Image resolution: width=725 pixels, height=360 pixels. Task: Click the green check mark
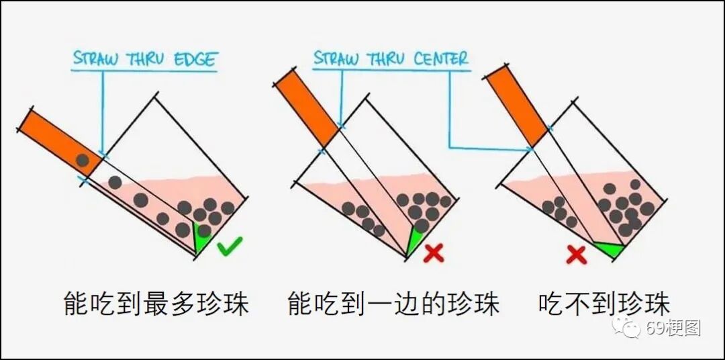(x=230, y=249)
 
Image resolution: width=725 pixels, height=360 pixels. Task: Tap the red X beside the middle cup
(x=434, y=253)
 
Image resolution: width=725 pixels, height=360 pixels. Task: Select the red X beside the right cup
(x=576, y=255)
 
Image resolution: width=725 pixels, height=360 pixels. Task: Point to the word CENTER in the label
(x=440, y=58)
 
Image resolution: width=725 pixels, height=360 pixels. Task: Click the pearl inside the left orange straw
(x=83, y=161)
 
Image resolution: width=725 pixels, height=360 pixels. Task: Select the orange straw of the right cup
(x=516, y=107)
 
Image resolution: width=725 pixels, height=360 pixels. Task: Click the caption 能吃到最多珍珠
(x=156, y=304)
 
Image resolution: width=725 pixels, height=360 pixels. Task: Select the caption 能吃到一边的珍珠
(x=393, y=304)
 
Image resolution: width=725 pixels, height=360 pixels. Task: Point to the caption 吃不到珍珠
(x=603, y=304)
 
